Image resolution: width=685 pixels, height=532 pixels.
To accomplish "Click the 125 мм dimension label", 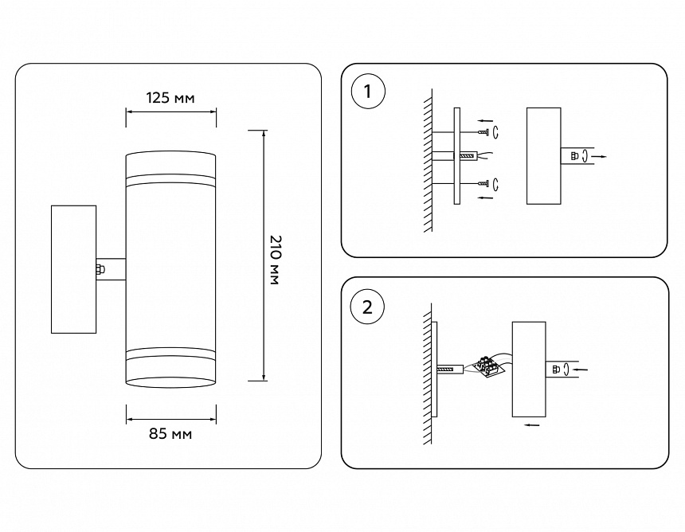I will (x=170, y=98).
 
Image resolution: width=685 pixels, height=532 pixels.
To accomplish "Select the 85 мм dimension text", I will (x=170, y=434).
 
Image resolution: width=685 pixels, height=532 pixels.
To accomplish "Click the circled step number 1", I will (x=367, y=92).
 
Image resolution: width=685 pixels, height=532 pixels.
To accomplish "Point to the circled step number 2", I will (x=367, y=307).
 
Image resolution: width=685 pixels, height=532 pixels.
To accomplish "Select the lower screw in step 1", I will (x=483, y=184).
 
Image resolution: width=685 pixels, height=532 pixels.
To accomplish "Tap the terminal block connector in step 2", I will (x=488, y=367).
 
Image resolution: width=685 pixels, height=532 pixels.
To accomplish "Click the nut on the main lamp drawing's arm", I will (x=100, y=269).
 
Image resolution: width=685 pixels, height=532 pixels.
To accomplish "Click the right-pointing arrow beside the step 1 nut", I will (x=604, y=157).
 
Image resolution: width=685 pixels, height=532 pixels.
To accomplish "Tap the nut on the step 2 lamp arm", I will (x=554, y=369).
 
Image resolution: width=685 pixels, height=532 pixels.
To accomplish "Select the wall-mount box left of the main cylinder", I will (x=73, y=269).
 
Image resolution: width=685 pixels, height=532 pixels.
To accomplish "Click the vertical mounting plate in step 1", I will (x=456, y=156).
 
